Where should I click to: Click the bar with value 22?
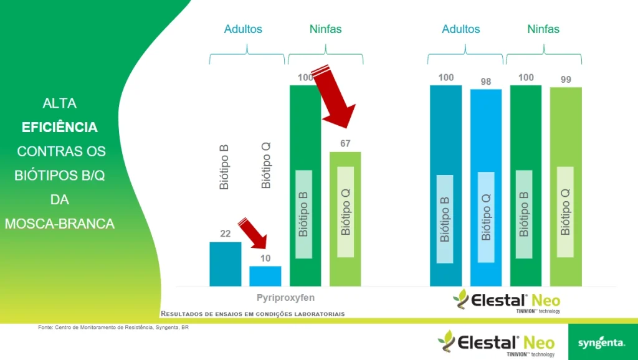click(225, 264)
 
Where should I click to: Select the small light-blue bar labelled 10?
click(265, 276)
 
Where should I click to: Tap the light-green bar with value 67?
click(345, 218)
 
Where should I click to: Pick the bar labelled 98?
click(486, 187)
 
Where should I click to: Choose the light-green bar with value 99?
click(566, 187)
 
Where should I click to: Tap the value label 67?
click(345, 144)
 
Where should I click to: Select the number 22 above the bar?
click(226, 234)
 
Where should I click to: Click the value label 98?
click(486, 82)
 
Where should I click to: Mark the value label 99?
click(566, 80)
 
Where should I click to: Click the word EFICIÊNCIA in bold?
click(60, 127)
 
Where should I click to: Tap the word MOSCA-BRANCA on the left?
click(60, 223)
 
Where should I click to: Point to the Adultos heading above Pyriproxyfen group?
click(243, 29)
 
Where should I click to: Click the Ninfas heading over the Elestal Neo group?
click(543, 29)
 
